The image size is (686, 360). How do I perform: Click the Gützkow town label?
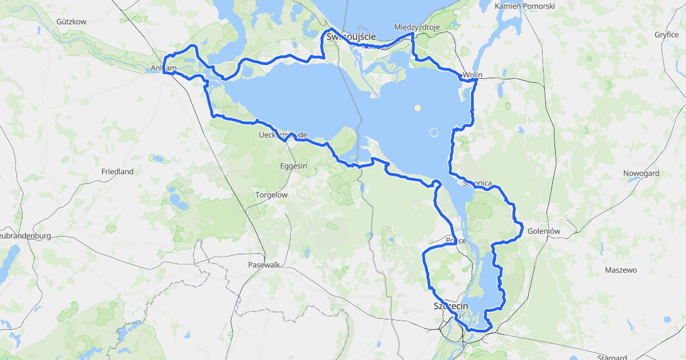point(71,22)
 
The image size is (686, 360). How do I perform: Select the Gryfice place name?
point(667,34)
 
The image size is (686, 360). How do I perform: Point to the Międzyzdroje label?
point(416,27)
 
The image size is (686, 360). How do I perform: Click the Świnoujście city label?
point(351,37)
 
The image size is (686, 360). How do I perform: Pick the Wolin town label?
point(473,75)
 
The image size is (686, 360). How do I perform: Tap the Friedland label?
point(117,171)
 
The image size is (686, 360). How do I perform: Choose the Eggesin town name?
point(294,166)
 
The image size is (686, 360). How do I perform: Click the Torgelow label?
point(271,195)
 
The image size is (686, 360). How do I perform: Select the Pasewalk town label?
point(264,265)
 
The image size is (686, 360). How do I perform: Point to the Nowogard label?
point(641,173)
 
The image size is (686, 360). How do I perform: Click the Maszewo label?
point(621,270)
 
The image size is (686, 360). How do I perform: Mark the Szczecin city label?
point(450,306)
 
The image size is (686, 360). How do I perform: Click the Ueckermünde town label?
point(283,135)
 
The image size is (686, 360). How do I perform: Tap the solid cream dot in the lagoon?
point(418,107)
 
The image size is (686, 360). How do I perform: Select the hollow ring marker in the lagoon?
point(434,133)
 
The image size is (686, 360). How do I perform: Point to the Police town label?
point(456,241)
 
